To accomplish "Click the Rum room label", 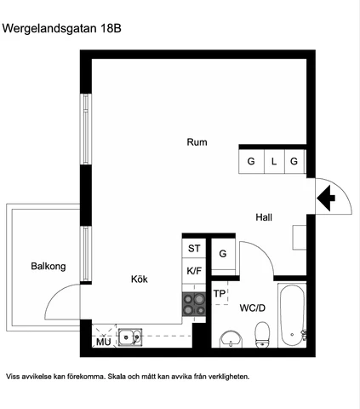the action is (x=197, y=142).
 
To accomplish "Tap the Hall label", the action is (x=264, y=217).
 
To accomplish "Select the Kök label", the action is (x=140, y=279).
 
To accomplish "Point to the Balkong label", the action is (x=49, y=267).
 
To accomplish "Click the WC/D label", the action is (x=253, y=308).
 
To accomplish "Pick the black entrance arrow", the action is (x=326, y=198).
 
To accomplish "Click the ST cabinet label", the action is (x=194, y=249).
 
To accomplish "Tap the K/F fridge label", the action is (x=194, y=271).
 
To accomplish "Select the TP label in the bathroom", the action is (x=220, y=293).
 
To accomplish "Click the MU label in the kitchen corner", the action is (x=103, y=342).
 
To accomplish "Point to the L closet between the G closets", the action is (x=274, y=161).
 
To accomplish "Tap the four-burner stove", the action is (x=194, y=304).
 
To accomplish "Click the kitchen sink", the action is (x=130, y=337).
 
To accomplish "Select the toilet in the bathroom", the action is (x=262, y=335).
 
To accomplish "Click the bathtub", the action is (x=292, y=315).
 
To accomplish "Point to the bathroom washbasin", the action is (x=231, y=339).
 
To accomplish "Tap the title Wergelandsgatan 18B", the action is (x=62, y=28).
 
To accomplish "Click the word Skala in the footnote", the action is (x=117, y=377).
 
